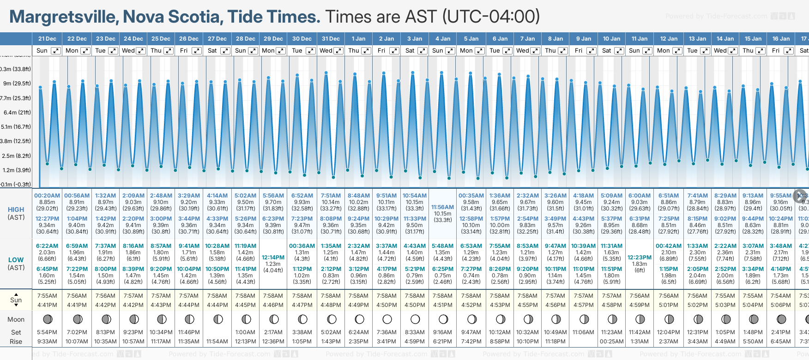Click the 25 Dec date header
[x=161, y=39]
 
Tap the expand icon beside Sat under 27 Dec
[x=225, y=51]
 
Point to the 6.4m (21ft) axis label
[x=17, y=112]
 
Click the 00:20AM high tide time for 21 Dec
[x=47, y=196]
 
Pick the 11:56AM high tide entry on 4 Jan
[x=442, y=207]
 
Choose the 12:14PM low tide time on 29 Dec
[x=273, y=258]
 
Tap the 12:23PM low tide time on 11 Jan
[x=640, y=258]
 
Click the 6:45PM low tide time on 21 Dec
[x=47, y=269]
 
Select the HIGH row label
[x=16, y=210]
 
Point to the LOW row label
[x=16, y=260]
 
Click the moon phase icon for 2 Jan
[x=387, y=319]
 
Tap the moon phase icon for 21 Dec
[x=47, y=319]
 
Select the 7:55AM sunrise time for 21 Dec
[x=47, y=296]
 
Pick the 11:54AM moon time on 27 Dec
[x=217, y=342]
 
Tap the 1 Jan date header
[x=358, y=39]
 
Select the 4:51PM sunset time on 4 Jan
[x=442, y=305]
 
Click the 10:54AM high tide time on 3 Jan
[x=415, y=196]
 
